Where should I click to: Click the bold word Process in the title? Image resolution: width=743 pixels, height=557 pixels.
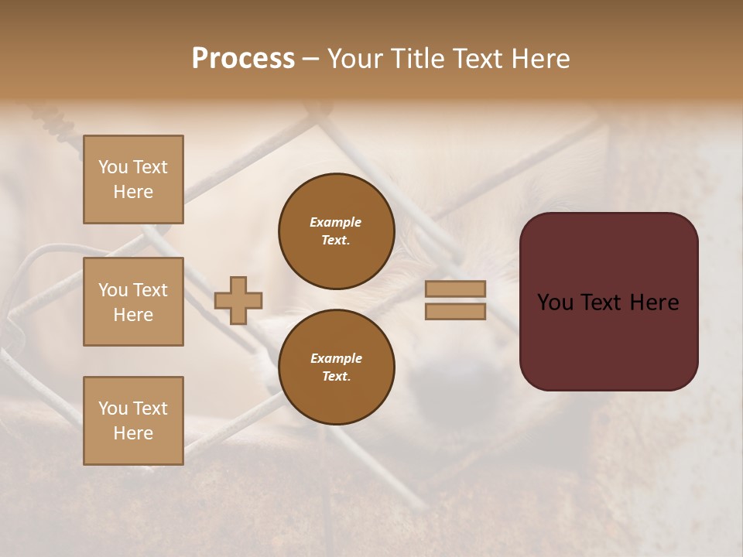(x=243, y=58)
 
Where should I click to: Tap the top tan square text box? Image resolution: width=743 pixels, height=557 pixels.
(x=133, y=179)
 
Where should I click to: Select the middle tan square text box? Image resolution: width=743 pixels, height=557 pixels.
(x=133, y=302)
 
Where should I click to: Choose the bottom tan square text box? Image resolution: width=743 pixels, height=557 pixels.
(x=133, y=421)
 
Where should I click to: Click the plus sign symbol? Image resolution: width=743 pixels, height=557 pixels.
(x=238, y=301)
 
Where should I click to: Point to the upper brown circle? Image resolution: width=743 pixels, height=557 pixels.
(x=336, y=231)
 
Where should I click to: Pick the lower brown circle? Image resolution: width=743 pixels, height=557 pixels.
(x=336, y=367)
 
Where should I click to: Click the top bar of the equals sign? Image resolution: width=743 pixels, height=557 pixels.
(x=456, y=289)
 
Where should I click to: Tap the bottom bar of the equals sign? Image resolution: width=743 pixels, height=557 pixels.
(x=456, y=312)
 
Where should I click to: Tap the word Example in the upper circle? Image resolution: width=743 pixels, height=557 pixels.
(x=336, y=222)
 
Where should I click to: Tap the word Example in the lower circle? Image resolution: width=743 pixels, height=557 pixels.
(x=336, y=358)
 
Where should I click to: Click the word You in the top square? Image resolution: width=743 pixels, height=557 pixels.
(x=113, y=167)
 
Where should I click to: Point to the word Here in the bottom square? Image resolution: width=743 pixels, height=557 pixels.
(x=133, y=433)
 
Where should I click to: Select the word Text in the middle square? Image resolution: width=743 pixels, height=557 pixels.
(x=150, y=290)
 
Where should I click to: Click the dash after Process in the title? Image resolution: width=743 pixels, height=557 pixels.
(x=310, y=59)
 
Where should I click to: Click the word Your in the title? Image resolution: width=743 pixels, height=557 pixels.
(x=354, y=59)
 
